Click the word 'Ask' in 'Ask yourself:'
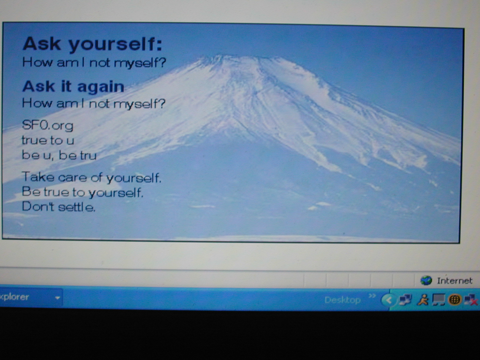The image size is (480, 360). [41, 43]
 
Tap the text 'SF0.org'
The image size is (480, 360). [47, 125]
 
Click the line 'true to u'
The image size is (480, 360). [48, 140]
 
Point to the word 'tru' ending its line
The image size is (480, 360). [88, 155]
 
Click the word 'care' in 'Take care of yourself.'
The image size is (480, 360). [72, 177]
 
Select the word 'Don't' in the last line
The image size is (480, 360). [38, 207]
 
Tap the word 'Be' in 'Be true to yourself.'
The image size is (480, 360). [31, 191]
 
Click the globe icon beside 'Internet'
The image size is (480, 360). [426, 280]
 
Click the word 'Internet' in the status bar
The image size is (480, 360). [454, 281]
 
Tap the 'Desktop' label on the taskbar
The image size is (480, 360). [343, 300]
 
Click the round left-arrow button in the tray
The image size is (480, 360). [389, 300]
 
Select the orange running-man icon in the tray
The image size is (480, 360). [423, 300]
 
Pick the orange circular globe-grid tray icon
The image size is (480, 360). [454, 300]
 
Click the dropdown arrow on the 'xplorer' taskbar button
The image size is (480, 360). [58, 298]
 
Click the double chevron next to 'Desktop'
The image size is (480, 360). [372, 296]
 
